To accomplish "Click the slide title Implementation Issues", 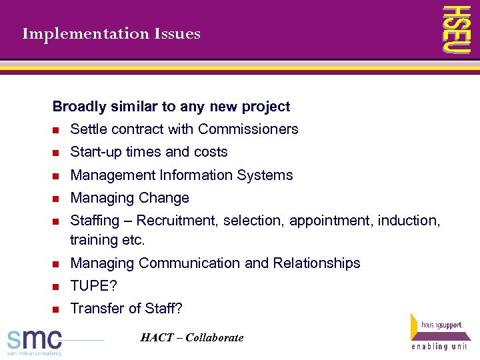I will tap(111, 33).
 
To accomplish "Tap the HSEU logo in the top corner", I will tap(459, 29).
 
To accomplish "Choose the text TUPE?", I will tap(93, 286).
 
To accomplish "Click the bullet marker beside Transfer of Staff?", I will tap(57, 309).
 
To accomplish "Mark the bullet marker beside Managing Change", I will tap(57, 199).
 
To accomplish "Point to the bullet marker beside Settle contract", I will tap(57, 130).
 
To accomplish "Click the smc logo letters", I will tap(35, 338).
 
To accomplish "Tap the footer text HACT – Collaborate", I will tap(192, 338).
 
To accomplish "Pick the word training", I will tap(93, 239).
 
